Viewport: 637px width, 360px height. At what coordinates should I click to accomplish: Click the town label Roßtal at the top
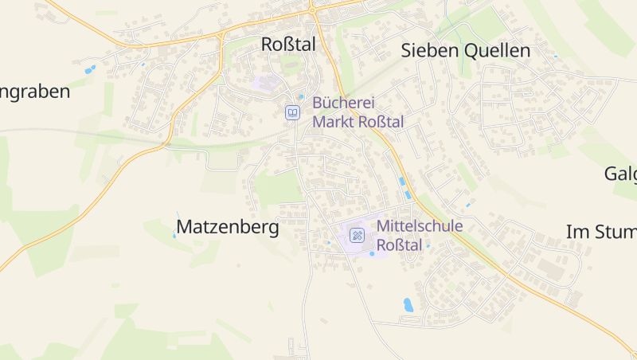tap(288, 45)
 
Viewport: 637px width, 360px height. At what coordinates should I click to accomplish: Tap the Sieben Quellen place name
tap(465, 51)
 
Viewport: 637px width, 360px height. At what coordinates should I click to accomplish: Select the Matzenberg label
tap(228, 228)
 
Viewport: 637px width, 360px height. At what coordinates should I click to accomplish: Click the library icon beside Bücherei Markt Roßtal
tap(293, 113)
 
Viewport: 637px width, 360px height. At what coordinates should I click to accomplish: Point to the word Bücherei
tap(343, 103)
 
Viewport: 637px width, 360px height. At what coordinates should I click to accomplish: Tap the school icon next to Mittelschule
tap(358, 235)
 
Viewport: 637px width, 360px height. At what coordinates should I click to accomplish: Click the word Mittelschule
tap(420, 226)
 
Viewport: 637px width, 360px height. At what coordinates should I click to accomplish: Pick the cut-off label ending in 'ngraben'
tap(35, 92)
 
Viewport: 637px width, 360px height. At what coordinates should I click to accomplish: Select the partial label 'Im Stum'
tap(601, 233)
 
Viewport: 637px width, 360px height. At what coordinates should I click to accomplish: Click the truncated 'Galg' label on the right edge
tap(620, 174)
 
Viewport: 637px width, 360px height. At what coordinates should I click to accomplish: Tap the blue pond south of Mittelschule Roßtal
tap(408, 304)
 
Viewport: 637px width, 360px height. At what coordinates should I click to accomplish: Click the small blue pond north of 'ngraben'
tap(90, 69)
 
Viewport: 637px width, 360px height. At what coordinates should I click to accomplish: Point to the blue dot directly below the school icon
tap(371, 254)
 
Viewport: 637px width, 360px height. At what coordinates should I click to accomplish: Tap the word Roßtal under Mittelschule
tap(399, 245)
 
